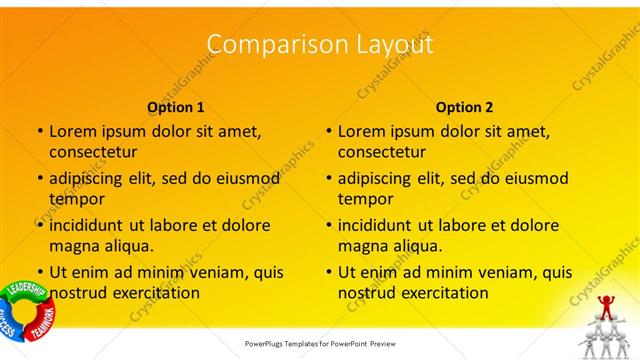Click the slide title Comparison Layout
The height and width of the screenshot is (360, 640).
coord(320,45)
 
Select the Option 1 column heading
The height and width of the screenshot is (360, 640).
coord(176,107)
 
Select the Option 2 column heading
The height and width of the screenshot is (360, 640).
coord(465,107)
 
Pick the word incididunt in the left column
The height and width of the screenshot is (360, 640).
coord(87,225)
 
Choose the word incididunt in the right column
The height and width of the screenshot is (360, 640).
coord(376,225)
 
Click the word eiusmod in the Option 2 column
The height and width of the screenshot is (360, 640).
coord(532,178)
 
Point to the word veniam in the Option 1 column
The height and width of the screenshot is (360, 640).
coord(203,271)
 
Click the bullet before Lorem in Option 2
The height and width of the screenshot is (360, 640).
coord(329,131)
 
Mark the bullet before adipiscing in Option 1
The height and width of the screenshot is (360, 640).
coord(40,178)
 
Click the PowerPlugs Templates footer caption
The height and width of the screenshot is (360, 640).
coord(320,343)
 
